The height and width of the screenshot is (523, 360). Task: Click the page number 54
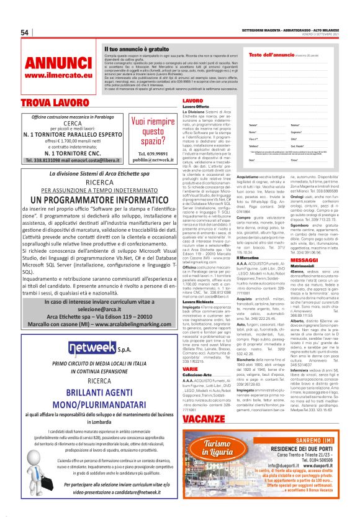pyautogui.click(x=25, y=32)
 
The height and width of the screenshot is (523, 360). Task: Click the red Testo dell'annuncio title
pyautogui.click(x=269, y=55)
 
